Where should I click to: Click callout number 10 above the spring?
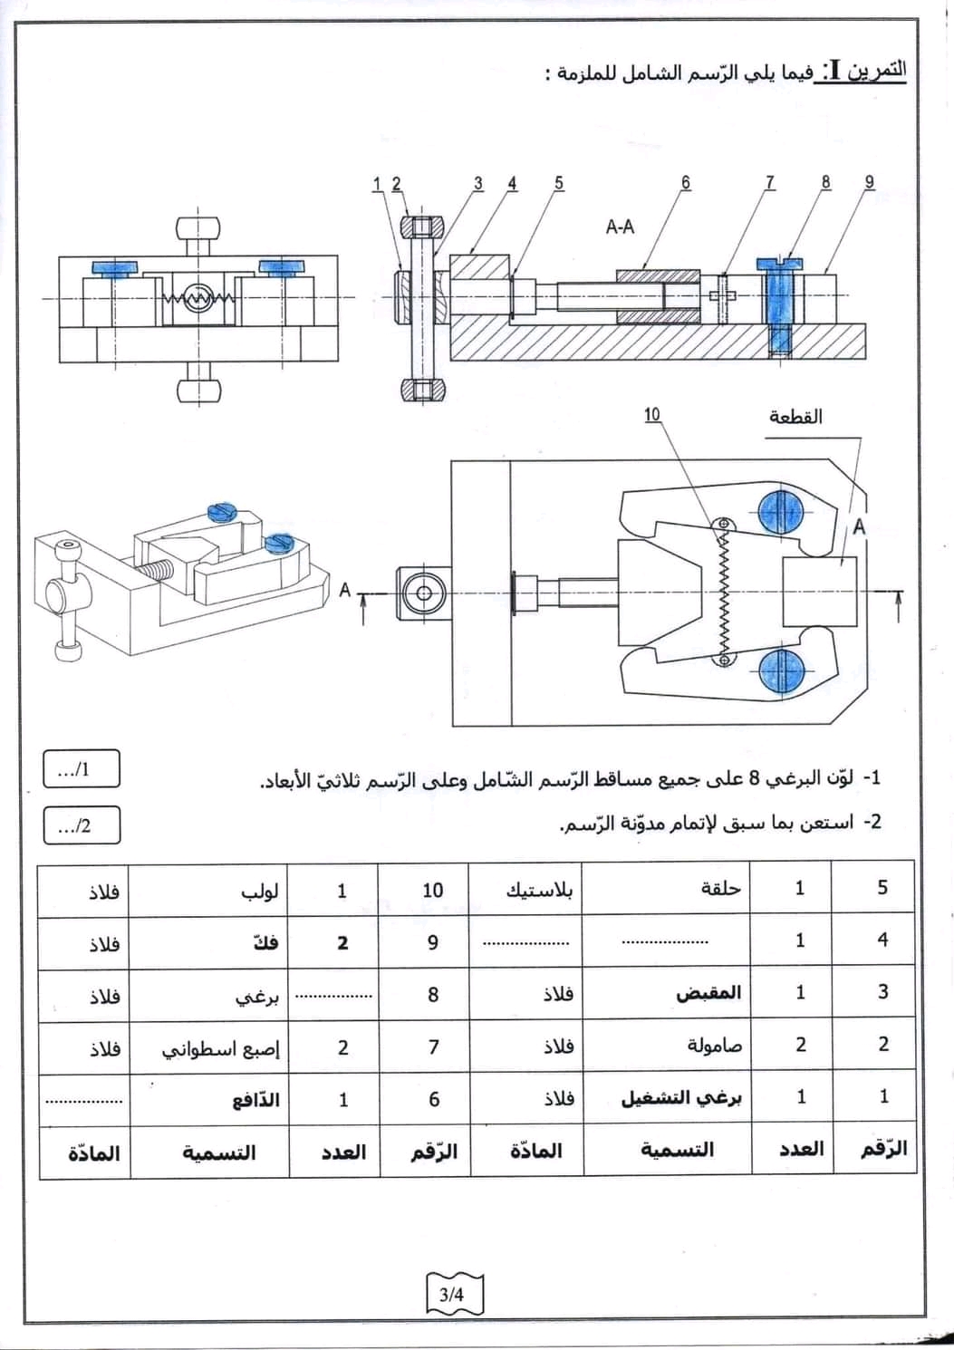pos(652,415)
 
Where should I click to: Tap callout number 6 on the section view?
pos(686,182)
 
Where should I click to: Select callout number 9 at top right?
pos(870,182)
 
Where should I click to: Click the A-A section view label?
pos(620,227)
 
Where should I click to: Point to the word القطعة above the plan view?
pos(795,416)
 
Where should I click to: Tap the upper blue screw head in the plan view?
pos(781,513)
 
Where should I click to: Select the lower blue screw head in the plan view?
pos(781,671)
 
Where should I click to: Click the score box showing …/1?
pos(81,770)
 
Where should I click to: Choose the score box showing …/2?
pos(81,825)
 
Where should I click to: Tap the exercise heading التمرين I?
pos(863,71)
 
